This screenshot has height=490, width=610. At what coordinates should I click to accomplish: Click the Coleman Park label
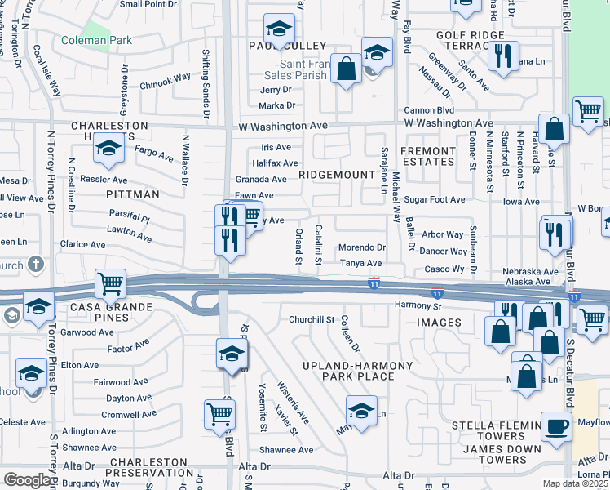click(96, 40)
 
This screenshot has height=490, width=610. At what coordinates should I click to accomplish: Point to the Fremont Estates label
click(428, 157)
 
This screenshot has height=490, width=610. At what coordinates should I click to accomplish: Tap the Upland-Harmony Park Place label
click(357, 371)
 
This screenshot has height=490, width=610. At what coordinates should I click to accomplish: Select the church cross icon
click(35, 265)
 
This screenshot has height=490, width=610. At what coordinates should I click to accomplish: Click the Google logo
click(26, 480)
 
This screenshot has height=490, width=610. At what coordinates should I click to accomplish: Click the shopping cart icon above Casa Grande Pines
click(110, 284)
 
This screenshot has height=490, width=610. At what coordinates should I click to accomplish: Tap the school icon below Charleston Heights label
click(108, 149)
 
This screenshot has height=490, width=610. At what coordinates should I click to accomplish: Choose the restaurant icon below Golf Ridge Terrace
click(503, 56)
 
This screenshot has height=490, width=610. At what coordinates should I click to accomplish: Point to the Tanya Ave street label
click(361, 263)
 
